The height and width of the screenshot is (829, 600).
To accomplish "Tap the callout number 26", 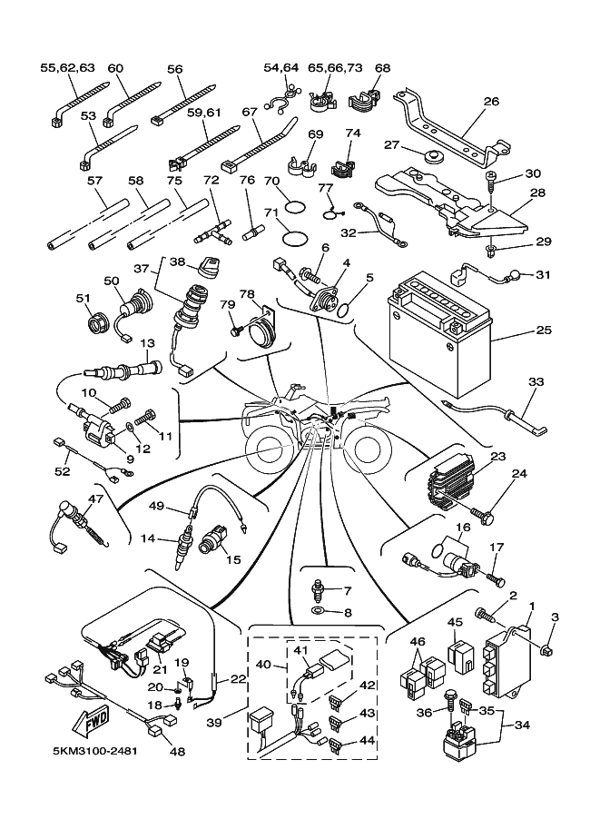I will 491,102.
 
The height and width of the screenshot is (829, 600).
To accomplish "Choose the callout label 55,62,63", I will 67,67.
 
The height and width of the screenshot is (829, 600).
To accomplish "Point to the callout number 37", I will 141,268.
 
